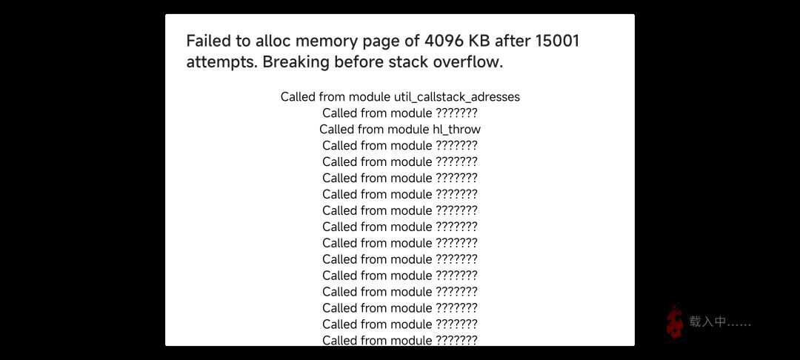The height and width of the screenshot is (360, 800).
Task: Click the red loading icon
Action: coord(675,321)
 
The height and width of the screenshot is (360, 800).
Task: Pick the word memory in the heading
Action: coord(324,41)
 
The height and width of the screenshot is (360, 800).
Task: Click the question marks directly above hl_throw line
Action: coord(456,113)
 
